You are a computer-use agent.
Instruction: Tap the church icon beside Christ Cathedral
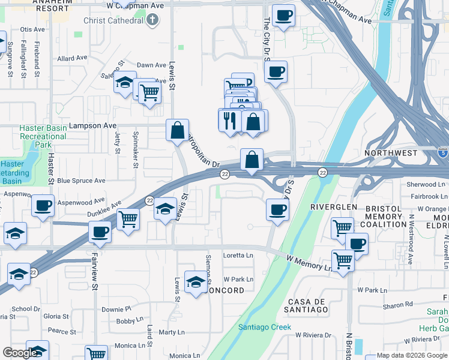tap(152, 20)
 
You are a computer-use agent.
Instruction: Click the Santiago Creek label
tap(265, 327)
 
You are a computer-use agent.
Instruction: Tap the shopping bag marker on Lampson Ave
tap(178, 130)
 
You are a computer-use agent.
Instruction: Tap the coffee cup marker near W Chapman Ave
tap(283, 15)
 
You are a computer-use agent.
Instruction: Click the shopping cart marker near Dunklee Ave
tap(128, 220)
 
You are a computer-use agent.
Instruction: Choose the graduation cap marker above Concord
tap(196, 283)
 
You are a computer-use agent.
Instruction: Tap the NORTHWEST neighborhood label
tap(391, 153)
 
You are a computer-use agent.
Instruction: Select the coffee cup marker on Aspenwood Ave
tap(43, 205)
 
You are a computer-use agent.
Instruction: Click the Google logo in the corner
tap(19, 353)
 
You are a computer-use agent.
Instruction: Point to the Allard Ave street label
tap(73, 58)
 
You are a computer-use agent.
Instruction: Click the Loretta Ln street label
tap(238, 255)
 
